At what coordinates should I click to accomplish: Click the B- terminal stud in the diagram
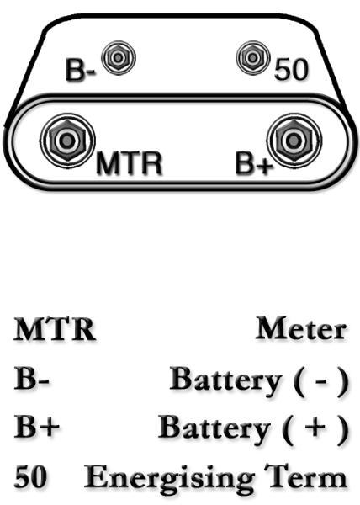(119, 57)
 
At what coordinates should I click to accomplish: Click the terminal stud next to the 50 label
(253, 57)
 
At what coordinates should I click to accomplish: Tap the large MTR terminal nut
(67, 141)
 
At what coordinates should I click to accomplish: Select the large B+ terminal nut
(294, 141)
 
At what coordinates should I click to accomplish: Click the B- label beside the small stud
(81, 69)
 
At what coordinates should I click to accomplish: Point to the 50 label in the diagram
(291, 69)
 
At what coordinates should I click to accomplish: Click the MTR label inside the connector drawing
(129, 163)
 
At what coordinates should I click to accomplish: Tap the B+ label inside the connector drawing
(254, 163)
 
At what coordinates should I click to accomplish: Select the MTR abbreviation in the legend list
(54, 329)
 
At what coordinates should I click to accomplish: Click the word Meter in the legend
(301, 328)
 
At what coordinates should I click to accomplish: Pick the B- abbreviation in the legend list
(31, 378)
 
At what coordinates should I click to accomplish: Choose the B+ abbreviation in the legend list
(36, 426)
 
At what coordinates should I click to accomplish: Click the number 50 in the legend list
(30, 476)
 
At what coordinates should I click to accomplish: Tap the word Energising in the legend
(169, 478)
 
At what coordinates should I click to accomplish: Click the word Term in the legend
(305, 476)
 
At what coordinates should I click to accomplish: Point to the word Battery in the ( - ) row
(225, 380)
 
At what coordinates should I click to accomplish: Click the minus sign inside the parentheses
(321, 381)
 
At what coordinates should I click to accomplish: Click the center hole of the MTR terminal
(67, 141)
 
